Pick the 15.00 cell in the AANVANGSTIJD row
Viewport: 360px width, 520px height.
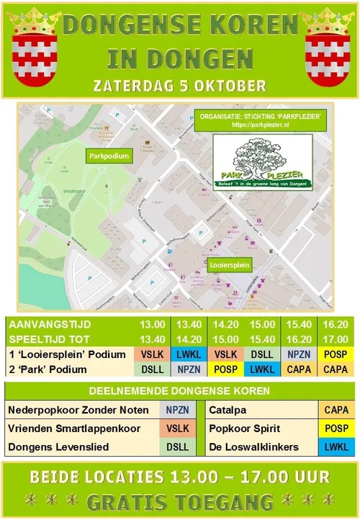(262, 326)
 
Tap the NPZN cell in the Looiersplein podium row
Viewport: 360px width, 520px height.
(299, 355)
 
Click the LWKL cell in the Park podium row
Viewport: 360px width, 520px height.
(262, 369)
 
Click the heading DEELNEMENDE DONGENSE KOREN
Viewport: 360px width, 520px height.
(179, 392)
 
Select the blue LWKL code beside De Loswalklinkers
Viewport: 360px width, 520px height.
(336, 447)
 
